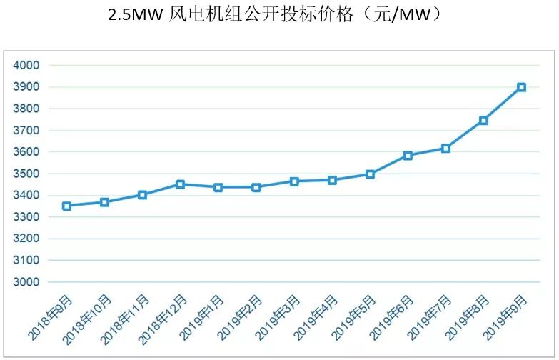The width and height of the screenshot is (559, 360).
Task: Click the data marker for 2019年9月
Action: pyautogui.click(x=521, y=87)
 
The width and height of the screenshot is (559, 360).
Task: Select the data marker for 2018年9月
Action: pyautogui.click(x=66, y=206)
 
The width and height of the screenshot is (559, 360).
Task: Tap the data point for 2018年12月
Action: pyautogui.click(x=180, y=184)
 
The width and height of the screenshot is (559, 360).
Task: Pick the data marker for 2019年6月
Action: pyautogui.click(x=408, y=155)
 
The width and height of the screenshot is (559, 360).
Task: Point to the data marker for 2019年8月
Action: pyautogui.click(x=483, y=120)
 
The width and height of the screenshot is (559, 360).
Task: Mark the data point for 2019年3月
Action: pyautogui.click(x=294, y=181)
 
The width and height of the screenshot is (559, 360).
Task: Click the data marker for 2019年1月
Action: pyautogui.click(x=218, y=187)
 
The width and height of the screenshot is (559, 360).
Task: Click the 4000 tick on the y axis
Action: pyautogui.click(x=26, y=65)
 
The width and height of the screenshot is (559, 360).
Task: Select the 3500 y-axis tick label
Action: pyautogui.click(x=26, y=174)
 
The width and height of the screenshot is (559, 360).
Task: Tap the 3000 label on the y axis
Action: pyautogui.click(x=26, y=282)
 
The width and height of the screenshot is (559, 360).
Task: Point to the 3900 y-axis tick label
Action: pyautogui.click(x=26, y=87)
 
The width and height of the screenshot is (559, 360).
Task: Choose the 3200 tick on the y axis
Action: pyautogui.click(x=26, y=239)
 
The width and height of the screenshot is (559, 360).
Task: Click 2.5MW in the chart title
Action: pyautogui.click(x=136, y=15)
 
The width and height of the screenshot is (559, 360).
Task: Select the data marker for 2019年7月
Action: pyautogui.click(x=445, y=149)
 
